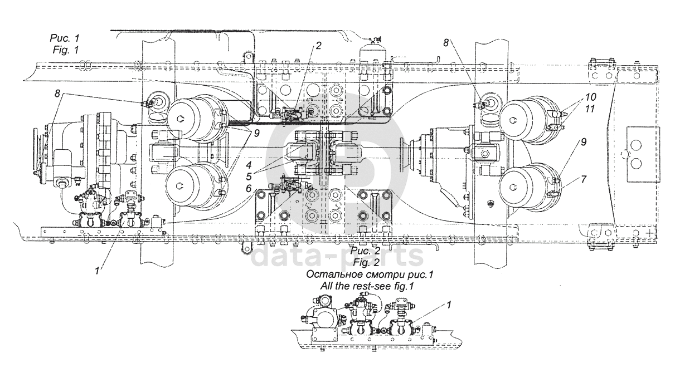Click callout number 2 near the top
[x=318, y=46]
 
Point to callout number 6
[x=249, y=189]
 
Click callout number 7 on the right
[x=584, y=180]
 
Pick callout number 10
[x=591, y=97]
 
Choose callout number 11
[x=590, y=109]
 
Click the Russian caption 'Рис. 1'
[x=65, y=38]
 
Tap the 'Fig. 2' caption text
[x=366, y=263]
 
